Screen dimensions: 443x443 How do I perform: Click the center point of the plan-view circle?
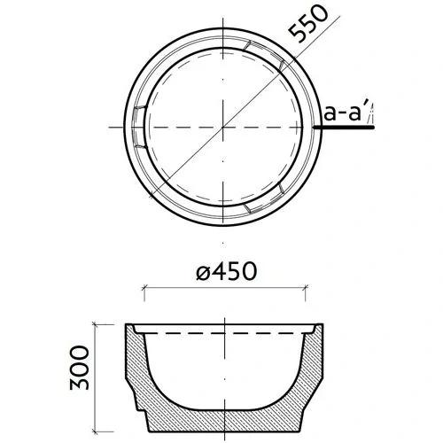(225, 128)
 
